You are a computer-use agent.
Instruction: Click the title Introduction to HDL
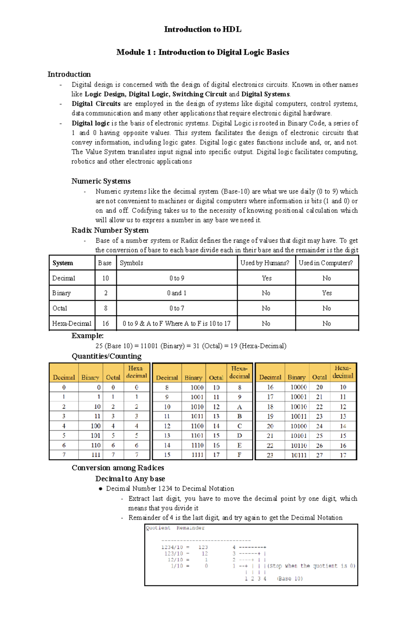203,29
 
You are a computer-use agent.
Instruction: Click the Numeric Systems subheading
101,181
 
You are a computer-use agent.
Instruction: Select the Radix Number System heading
110,230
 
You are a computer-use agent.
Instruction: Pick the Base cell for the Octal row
106,308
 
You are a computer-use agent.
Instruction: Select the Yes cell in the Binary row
326,293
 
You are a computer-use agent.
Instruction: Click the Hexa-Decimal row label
72,323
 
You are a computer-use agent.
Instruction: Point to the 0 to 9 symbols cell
177,278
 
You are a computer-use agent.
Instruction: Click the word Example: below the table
87,336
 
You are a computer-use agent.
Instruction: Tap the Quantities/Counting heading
107,356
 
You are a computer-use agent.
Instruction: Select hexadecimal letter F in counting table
239,455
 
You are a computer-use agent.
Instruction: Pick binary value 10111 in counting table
298,455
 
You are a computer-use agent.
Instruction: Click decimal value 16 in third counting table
270,387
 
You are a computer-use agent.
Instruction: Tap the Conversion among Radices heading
118,468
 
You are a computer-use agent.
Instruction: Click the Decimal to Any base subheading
130,479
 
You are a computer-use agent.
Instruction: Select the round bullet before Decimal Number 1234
100,489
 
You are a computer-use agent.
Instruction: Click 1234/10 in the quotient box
172,547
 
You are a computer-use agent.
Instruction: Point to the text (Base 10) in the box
290,578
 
